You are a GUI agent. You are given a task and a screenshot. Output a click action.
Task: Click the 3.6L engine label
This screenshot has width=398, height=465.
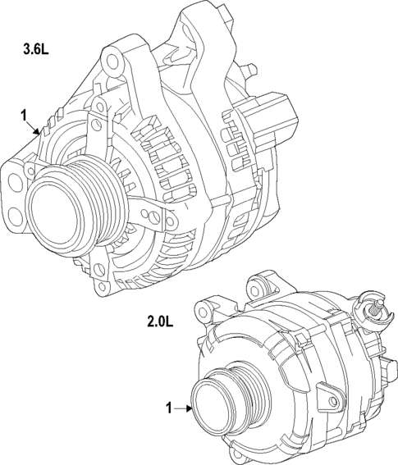pyautogui.click(x=35, y=50)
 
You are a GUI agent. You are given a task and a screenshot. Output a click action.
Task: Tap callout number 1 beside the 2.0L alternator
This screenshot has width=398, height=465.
pyautogui.click(x=169, y=407)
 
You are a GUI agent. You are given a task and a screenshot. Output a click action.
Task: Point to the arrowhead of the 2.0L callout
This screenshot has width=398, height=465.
pyautogui.click(x=190, y=407)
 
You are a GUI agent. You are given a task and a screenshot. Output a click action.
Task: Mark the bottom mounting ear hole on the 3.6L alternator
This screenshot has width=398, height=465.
pyautogui.click(x=102, y=287)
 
